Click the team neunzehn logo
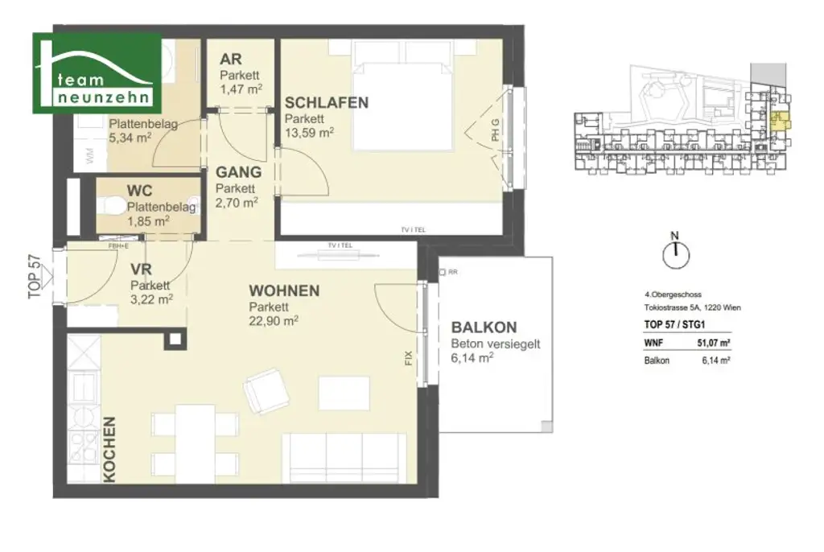[97, 73]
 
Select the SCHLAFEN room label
[326, 103]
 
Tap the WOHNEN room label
[284, 291]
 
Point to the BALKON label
[484, 328]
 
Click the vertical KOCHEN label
[109, 449]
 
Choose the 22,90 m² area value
[274, 320]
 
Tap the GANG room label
[238, 172]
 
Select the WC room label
[139, 192]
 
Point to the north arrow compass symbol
[676, 253]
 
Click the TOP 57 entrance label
[34, 278]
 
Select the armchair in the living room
[266, 391]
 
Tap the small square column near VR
[174, 341]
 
